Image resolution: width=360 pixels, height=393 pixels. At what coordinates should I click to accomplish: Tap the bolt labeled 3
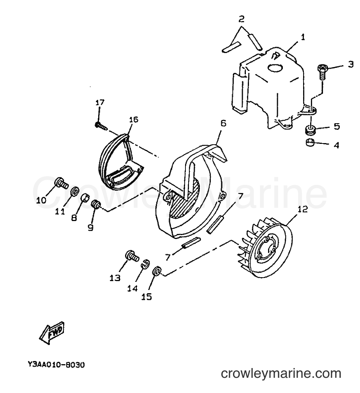click(x=322, y=72)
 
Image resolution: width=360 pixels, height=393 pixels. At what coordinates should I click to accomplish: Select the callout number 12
click(x=302, y=209)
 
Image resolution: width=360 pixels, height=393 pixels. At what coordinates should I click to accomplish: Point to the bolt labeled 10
click(x=61, y=183)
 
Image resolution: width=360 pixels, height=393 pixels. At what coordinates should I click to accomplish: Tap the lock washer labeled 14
click(x=146, y=263)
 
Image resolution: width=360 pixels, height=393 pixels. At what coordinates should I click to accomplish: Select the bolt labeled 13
click(x=132, y=256)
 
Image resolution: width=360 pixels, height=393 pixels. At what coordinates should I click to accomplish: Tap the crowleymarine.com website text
click(x=281, y=374)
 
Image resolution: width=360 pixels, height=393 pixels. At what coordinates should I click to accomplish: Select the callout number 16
click(x=134, y=119)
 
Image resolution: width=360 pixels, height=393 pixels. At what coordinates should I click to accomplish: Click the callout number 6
click(x=223, y=123)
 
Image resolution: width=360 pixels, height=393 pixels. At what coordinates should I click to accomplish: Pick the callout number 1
click(x=303, y=37)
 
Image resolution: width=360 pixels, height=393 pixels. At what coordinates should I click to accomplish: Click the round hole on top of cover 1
click(x=275, y=68)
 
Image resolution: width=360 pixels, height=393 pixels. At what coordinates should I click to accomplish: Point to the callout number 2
click(x=241, y=19)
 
